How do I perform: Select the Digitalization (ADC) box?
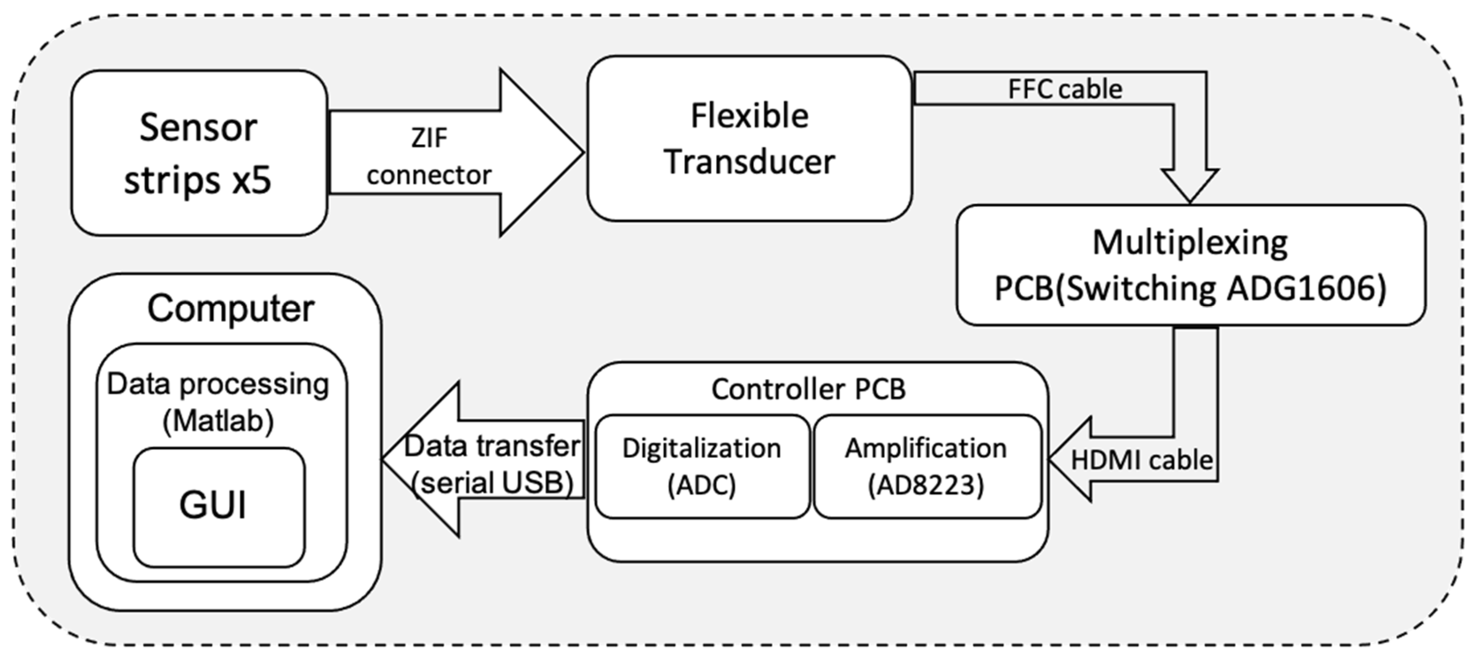702,466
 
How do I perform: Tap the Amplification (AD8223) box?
926,466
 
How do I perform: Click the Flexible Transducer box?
749,138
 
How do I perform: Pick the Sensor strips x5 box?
199,152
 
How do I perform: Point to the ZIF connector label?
429,156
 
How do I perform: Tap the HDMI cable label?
1141,460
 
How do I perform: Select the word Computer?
230,308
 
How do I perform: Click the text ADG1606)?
1306,289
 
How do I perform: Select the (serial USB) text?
493,483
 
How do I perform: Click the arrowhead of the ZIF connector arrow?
543,152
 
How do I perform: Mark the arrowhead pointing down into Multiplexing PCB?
1190,186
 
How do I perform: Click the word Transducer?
749,162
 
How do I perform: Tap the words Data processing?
218,384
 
